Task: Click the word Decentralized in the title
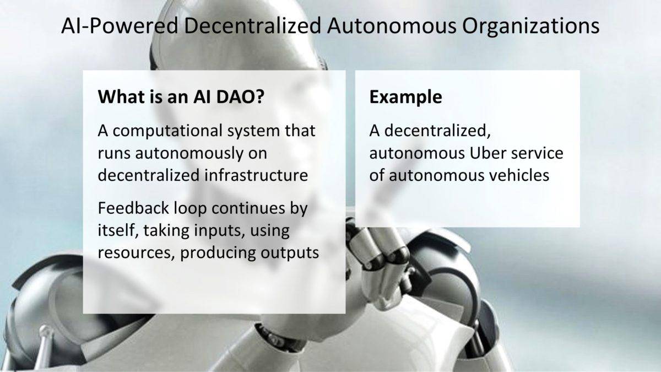click(x=252, y=25)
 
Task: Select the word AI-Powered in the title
click(x=120, y=25)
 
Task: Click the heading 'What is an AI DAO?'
click(x=181, y=96)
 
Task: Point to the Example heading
click(x=405, y=98)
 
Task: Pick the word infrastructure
click(x=256, y=175)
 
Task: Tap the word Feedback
click(x=133, y=208)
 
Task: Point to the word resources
click(x=137, y=253)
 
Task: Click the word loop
click(x=190, y=209)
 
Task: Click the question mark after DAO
click(x=259, y=97)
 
